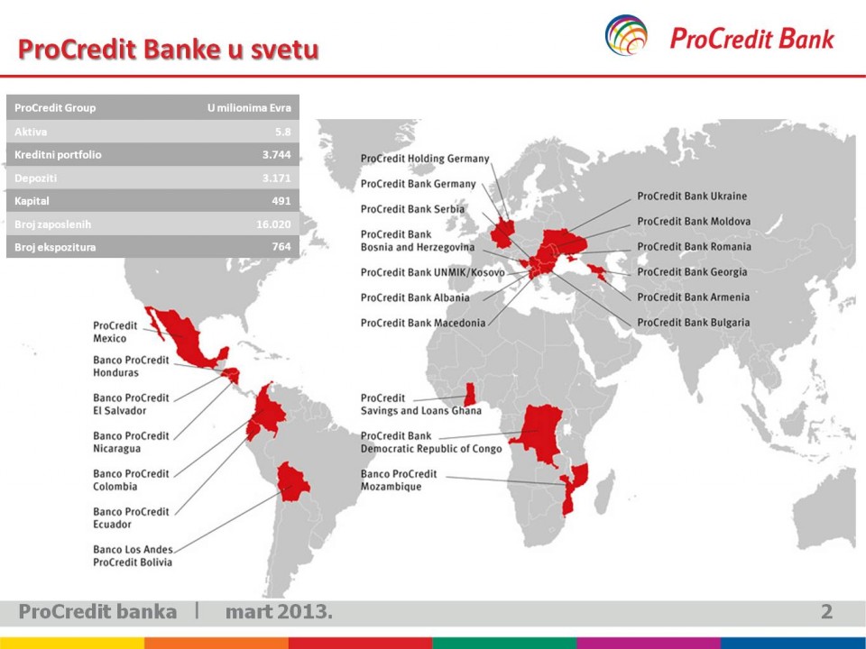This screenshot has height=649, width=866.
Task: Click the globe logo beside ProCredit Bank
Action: click(626, 35)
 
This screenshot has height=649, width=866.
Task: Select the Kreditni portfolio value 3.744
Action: click(276, 154)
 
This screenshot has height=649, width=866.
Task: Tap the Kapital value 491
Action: click(281, 201)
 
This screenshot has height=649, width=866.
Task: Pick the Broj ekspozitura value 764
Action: click(281, 247)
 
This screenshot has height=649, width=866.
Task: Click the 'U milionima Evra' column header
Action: click(249, 107)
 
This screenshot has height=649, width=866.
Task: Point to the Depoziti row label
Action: click(35, 178)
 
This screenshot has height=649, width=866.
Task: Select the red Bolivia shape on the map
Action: click(292, 481)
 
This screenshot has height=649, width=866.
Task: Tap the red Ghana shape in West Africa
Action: click(470, 395)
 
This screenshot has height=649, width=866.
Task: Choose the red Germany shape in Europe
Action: click(502, 233)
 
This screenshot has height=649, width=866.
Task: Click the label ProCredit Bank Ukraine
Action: click(692, 196)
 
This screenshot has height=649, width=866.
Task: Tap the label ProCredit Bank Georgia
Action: click(692, 272)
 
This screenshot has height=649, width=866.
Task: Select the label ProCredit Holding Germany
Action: click(425, 159)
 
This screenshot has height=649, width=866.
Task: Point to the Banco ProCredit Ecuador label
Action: click(131, 517)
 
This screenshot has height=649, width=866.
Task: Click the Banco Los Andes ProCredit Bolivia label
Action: click(133, 556)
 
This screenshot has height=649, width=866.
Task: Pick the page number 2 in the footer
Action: click(826, 611)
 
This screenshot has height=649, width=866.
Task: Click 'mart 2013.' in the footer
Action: click(279, 611)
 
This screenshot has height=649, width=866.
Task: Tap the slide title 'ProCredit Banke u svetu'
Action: click(169, 49)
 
